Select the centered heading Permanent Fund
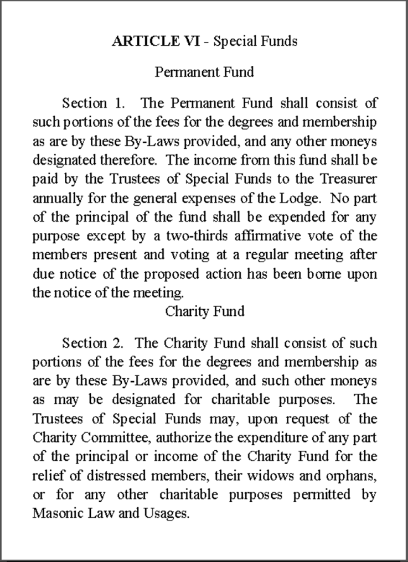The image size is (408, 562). [204, 72]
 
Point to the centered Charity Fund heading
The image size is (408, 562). [205, 311]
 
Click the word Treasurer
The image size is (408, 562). [347, 178]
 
